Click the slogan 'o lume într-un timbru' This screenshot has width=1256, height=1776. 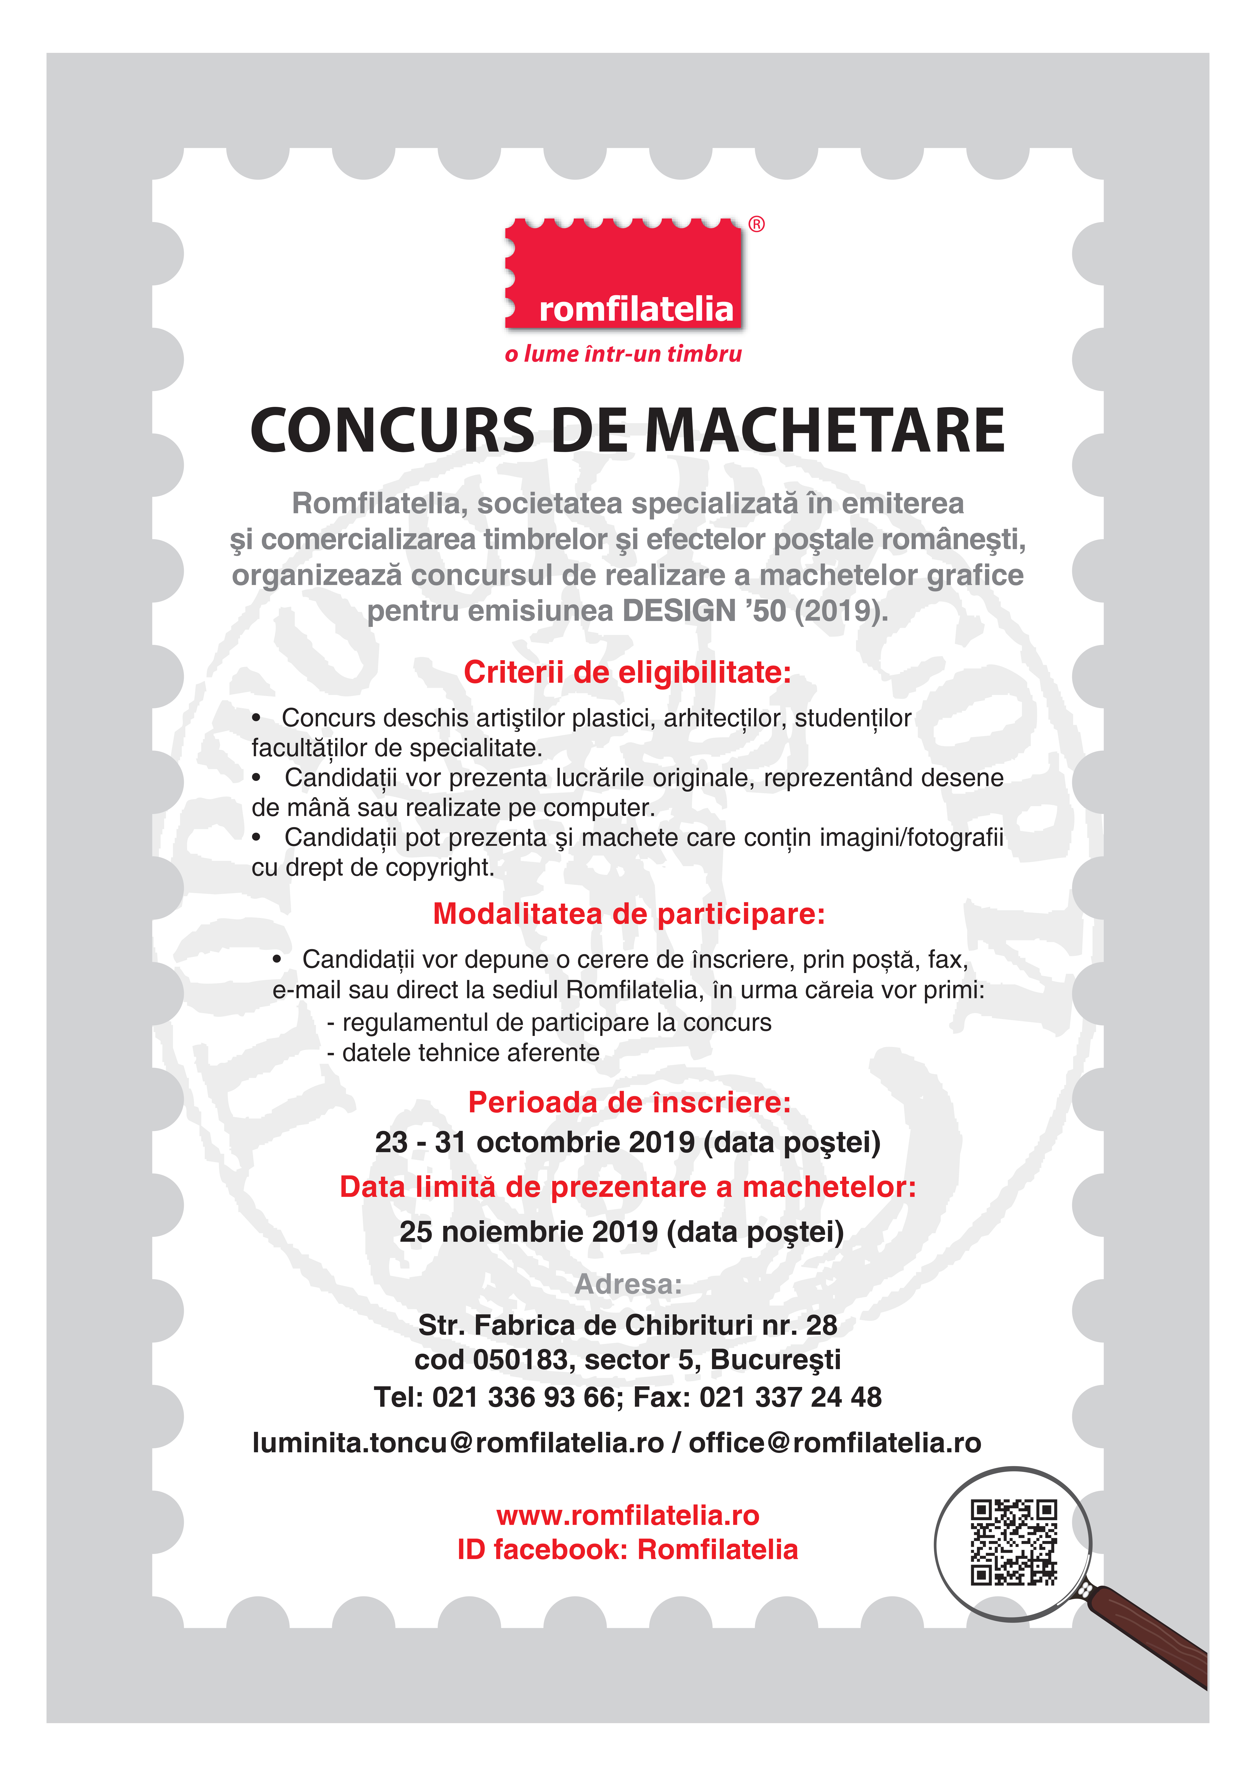(623, 354)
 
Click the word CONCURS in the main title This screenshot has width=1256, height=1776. (393, 431)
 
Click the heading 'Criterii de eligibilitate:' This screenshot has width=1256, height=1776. (627, 672)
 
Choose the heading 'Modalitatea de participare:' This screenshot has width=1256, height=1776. (629, 913)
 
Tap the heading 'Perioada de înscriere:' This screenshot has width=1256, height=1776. (630, 1101)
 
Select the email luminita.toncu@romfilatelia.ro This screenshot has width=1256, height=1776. (458, 1443)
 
